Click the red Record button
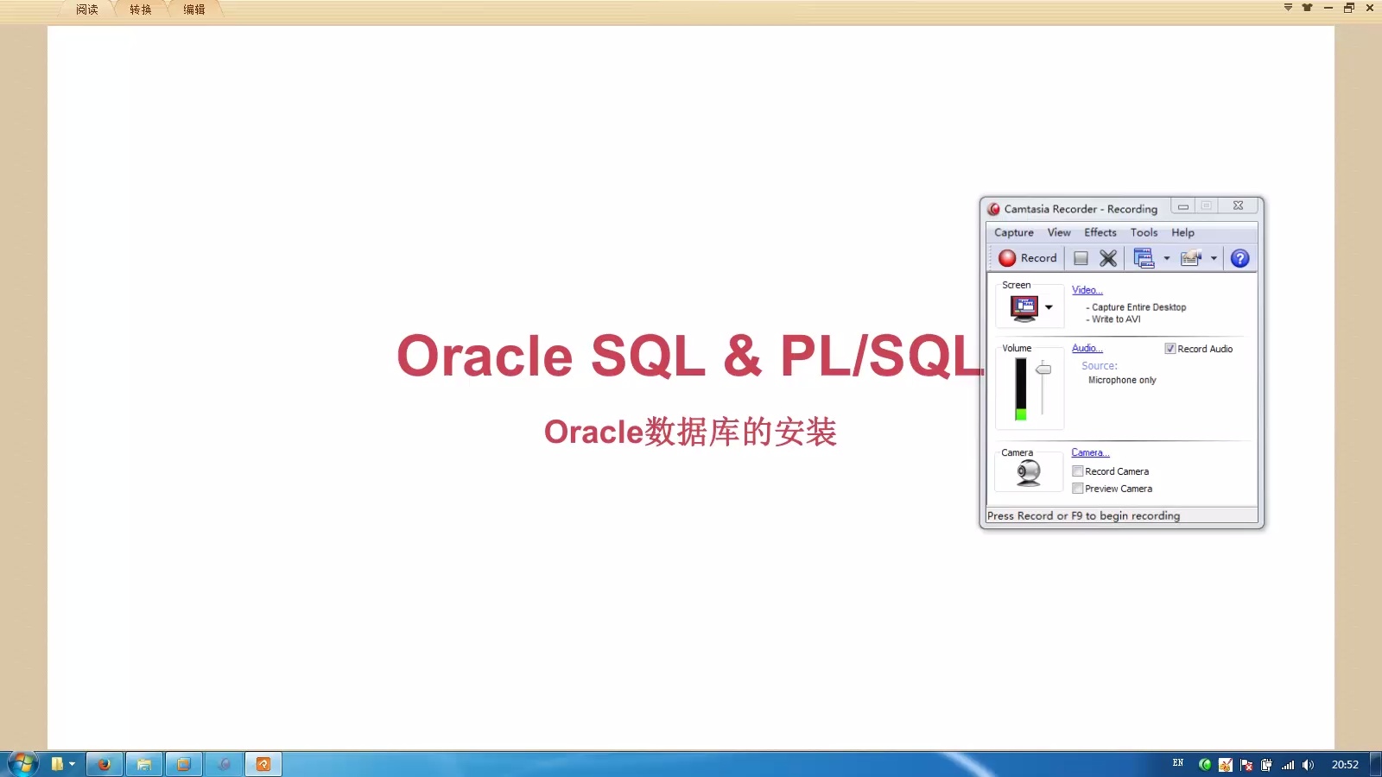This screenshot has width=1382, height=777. (x=1027, y=258)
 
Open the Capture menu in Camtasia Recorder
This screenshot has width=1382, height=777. (x=1013, y=233)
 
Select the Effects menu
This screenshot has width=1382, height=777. (x=1100, y=233)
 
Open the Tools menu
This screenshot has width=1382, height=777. (x=1144, y=233)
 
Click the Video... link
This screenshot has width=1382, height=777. (x=1087, y=290)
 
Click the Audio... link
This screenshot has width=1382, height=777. (x=1087, y=348)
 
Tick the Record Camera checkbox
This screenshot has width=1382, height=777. (x=1078, y=471)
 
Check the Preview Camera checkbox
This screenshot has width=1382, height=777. (x=1078, y=489)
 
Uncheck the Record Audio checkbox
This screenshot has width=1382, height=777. (x=1170, y=349)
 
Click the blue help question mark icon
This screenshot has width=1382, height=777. (x=1239, y=258)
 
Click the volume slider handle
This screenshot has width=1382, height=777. (x=1043, y=370)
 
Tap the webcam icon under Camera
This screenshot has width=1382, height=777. (x=1028, y=473)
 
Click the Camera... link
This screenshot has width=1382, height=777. (x=1090, y=452)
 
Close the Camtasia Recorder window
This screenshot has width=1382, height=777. (x=1238, y=205)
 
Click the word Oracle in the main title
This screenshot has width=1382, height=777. (x=485, y=357)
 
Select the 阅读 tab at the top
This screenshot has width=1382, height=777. (x=87, y=9)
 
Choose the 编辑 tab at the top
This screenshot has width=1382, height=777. (x=194, y=9)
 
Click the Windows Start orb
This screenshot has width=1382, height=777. (x=22, y=763)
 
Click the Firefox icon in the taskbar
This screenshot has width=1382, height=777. (x=105, y=764)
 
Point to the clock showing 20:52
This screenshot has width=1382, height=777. (x=1344, y=764)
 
